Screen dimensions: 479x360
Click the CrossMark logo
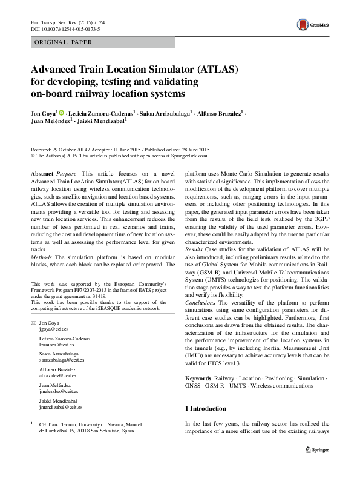pyautogui.click(x=308, y=25)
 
